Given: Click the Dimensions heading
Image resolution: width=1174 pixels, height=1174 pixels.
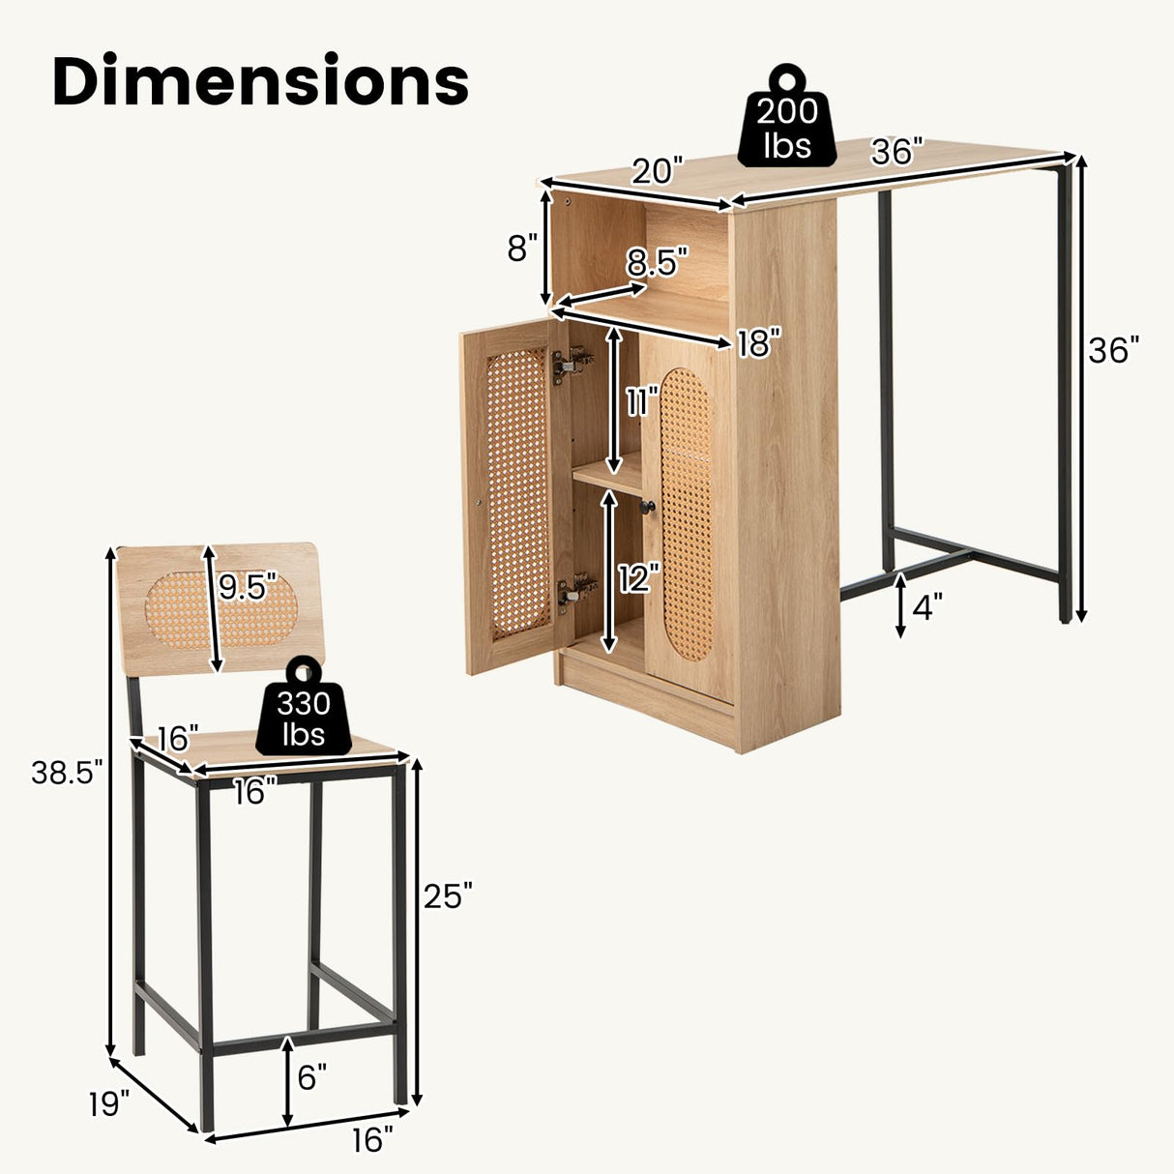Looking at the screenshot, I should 260,81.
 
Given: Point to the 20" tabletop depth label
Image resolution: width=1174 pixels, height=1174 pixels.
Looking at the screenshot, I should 657,171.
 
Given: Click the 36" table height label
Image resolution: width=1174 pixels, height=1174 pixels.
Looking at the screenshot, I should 1114,350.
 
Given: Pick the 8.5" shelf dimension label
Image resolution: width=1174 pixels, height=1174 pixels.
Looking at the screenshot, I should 658,262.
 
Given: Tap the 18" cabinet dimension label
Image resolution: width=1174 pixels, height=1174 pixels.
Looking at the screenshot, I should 757,342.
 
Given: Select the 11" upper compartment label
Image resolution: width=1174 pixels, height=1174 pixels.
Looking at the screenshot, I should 640,400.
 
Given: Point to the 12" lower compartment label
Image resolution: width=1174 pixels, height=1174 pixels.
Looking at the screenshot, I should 638,578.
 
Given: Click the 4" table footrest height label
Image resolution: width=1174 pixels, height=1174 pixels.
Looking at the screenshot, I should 926,607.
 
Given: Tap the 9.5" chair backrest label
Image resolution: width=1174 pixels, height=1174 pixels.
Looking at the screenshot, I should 248,587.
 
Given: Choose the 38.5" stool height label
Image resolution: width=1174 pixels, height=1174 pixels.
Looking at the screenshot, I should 66,772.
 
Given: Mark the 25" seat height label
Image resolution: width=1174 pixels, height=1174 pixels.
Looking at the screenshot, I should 448,896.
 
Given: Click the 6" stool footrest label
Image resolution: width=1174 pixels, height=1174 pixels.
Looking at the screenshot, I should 312,1077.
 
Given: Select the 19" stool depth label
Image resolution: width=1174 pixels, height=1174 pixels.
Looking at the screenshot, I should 109,1103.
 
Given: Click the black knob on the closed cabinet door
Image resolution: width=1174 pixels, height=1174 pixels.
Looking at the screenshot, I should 650,507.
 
